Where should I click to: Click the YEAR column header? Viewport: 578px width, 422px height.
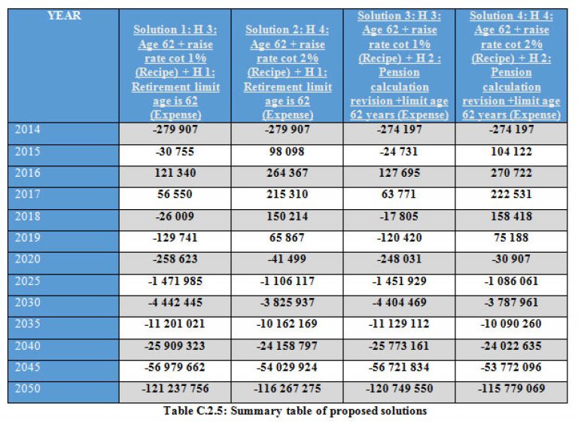(64, 16)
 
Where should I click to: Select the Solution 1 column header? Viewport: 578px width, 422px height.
(175, 72)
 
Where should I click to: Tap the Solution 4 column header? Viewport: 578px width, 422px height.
(511, 65)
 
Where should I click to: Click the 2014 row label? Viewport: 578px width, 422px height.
(28, 129)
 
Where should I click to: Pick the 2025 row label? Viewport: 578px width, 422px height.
(28, 281)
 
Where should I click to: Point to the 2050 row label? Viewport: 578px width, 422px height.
(28, 388)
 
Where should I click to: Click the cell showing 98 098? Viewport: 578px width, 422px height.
(287, 151)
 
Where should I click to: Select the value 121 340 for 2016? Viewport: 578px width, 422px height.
(175, 173)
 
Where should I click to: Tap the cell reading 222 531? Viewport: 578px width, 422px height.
(511, 194)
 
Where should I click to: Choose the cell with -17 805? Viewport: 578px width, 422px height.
(399, 217)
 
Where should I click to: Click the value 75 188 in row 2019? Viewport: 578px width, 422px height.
(511, 238)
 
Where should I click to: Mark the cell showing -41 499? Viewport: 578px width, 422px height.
(287, 259)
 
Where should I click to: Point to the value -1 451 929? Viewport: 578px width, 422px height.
(399, 281)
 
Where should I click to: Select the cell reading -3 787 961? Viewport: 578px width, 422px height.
(511, 302)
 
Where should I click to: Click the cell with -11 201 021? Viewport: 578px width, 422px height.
(175, 324)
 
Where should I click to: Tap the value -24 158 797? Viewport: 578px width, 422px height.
(287, 346)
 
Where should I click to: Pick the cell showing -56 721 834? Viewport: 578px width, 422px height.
(399, 367)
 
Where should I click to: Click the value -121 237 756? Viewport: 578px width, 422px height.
(175, 388)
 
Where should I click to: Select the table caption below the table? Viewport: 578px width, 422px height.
(295, 411)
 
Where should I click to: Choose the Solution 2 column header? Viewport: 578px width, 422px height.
(287, 72)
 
